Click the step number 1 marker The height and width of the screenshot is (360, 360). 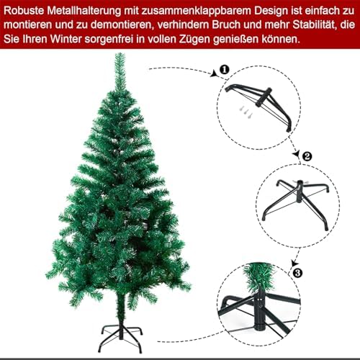tap(225, 70)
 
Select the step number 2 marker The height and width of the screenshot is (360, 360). tap(307, 156)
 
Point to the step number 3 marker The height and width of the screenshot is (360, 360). tap(297, 273)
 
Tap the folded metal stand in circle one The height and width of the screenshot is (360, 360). tap(258, 106)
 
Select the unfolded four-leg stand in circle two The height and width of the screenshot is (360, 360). tap(297, 204)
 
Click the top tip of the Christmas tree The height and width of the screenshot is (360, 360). tap(120, 54)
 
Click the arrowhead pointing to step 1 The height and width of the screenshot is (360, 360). tap(215, 73)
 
